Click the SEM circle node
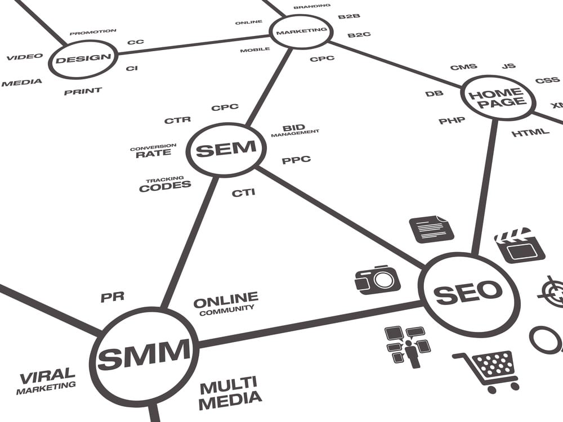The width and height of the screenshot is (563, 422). click(225, 149)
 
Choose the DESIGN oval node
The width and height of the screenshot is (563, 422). click(83, 58)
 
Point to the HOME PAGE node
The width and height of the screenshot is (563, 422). click(497, 97)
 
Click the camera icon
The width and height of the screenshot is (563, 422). click(377, 280)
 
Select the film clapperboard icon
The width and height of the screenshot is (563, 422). click(519, 245)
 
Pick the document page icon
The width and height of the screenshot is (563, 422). click(431, 228)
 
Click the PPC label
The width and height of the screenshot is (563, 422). click(296, 160)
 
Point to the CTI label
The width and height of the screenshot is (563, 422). click(243, 193)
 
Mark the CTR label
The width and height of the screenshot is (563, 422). click(177, 120)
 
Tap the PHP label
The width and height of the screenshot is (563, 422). click(452, 120)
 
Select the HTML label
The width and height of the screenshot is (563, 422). click(530, 133)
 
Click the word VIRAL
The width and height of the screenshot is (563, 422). click(47, 375)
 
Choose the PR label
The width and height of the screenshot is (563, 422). click(113, 297)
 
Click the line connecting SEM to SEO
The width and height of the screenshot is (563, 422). click(338, 216)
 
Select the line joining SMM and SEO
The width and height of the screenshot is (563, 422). click(310, 322)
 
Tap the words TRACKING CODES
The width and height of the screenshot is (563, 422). click(165, 185)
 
